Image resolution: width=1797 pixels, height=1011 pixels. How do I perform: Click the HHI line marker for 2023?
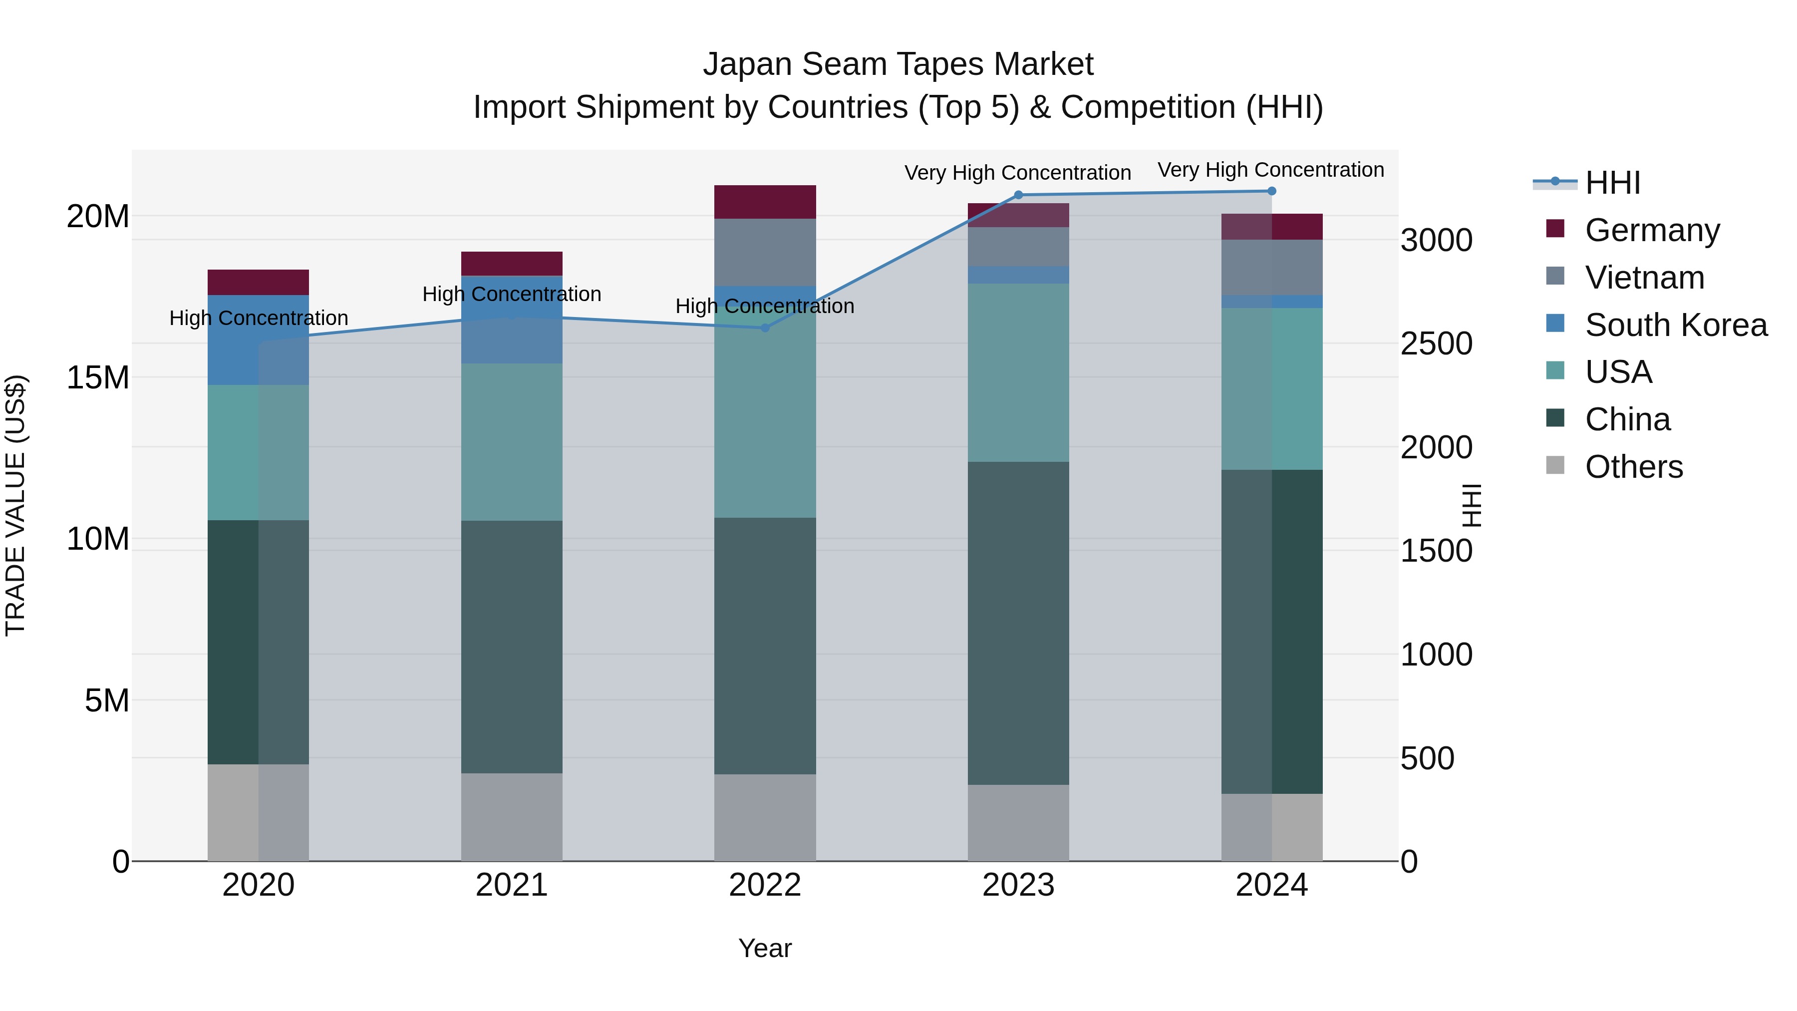tap(1018, 195)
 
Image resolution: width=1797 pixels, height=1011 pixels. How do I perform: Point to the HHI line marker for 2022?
tap(765, 328)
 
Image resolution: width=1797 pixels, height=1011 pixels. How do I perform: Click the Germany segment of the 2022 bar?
tap(765, 202)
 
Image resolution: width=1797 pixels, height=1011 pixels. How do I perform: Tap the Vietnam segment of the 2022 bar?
tap(765, 252)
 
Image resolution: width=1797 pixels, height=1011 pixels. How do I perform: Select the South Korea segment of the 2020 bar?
tap(258, 340)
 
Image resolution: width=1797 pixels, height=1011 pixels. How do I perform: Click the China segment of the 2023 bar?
tap(1018, 623)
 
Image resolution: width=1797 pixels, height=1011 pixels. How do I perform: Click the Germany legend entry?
tap(1652, 230)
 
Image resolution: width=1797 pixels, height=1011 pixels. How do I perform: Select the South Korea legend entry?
tap(1676, 325)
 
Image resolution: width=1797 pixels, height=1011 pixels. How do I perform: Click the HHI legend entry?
tap(1612, 183)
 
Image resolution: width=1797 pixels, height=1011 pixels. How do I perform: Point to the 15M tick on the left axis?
tap(98, 377)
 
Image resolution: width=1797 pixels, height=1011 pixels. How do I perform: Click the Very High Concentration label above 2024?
tap(1270, 170)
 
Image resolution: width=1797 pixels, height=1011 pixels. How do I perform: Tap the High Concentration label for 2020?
tap(258, 318)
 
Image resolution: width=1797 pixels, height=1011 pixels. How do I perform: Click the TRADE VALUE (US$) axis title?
tap(15, 505)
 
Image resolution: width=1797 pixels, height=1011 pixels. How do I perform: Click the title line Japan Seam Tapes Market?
tap(898, 64)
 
